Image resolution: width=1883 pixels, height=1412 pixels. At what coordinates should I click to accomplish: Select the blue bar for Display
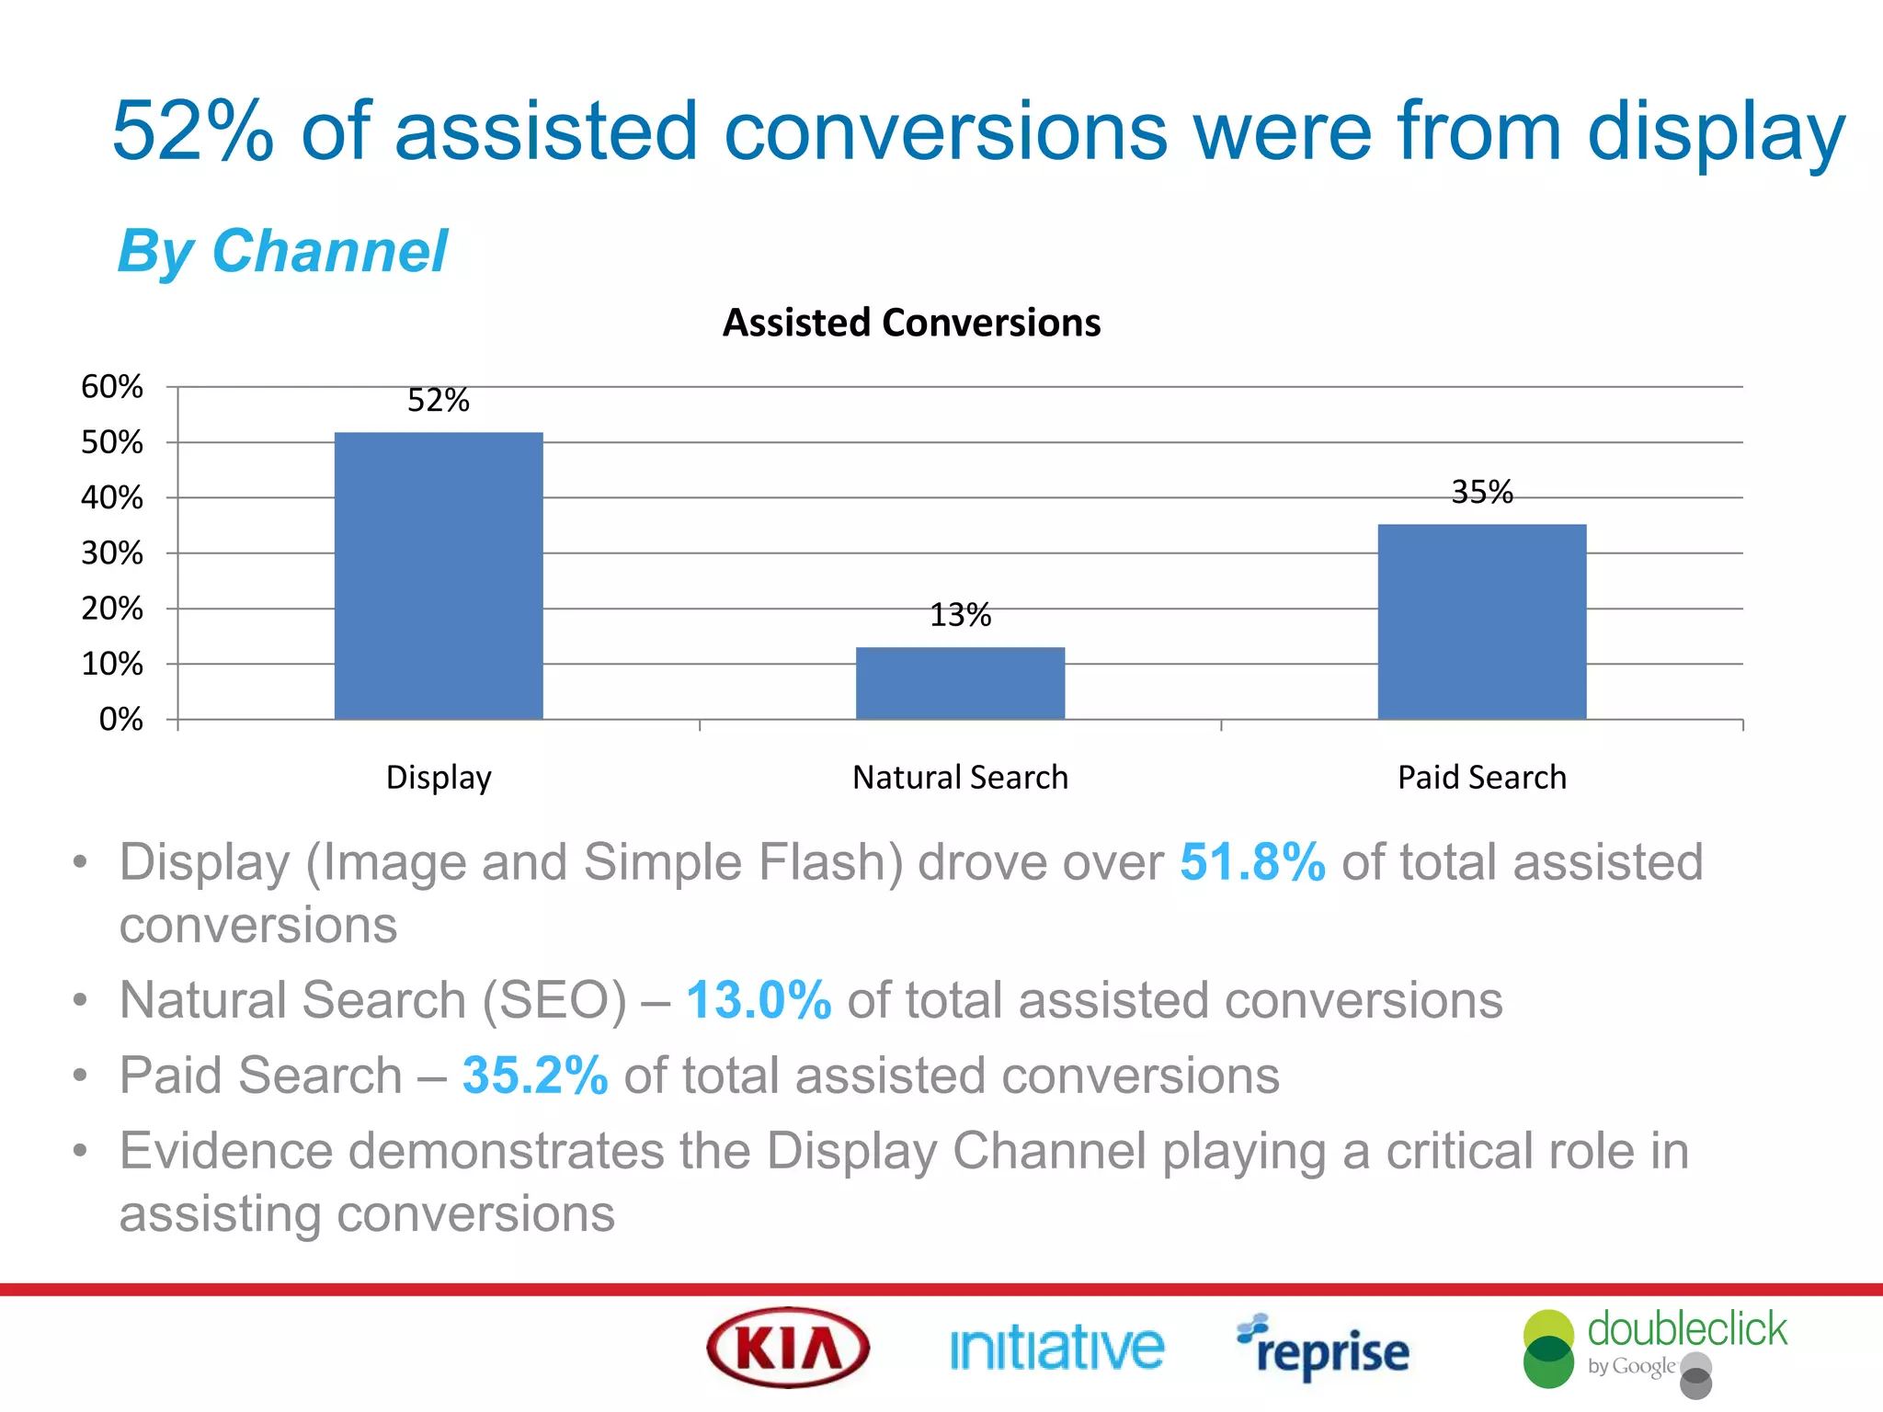[439, 575]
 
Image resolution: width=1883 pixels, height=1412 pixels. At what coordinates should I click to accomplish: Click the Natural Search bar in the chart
[960, 683]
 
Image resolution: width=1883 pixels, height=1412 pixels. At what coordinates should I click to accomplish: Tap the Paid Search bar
[1481, 621]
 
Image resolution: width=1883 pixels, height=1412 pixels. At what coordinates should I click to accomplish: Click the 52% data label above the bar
[439, 401]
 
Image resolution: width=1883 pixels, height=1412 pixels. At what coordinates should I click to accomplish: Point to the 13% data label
[960, 615]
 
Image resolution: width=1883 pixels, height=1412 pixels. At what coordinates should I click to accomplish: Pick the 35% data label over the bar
[1481, 493]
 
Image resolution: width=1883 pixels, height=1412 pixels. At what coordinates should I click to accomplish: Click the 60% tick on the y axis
[112, 387]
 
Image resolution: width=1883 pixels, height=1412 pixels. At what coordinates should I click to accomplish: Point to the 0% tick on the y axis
[120, 719]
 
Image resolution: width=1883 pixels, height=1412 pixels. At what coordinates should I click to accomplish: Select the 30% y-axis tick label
[112, 553]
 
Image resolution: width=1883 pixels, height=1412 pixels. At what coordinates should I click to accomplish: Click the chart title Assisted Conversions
[911, 323]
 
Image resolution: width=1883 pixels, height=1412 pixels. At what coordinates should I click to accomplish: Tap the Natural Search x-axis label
[960, 778]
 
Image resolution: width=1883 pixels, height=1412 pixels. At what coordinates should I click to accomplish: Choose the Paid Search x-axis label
[1481, 778]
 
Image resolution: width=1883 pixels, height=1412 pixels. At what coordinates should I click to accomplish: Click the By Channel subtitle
[282, 252]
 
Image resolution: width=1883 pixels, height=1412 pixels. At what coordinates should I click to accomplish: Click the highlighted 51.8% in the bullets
[1252, 862]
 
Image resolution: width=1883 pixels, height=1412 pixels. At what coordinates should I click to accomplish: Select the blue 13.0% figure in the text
[759, 1000]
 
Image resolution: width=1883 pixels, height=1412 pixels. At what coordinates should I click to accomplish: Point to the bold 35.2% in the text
[535, 1076]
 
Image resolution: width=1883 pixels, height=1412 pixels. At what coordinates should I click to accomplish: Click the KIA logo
[788, 1348]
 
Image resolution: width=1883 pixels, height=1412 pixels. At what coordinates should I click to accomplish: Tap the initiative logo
[1056, 1349]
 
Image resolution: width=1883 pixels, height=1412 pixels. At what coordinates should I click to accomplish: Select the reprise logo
[1323, 1349]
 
